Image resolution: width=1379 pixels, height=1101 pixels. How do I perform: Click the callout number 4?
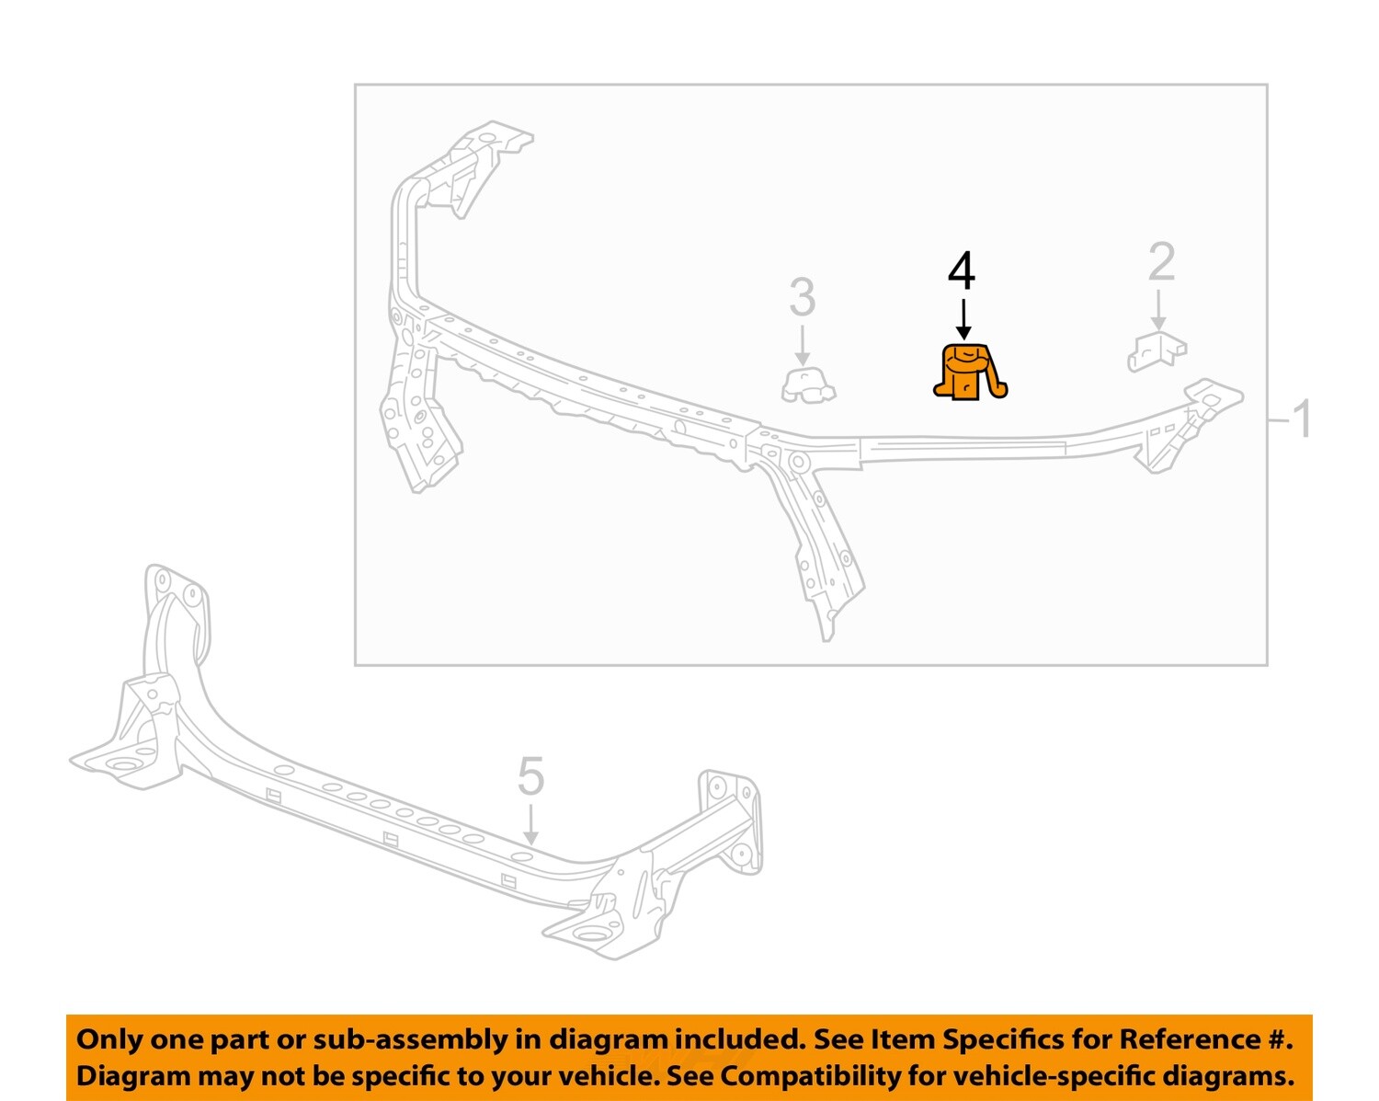[x=962, y=271]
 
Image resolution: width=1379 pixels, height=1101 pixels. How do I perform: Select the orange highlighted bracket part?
[x=968, y=373]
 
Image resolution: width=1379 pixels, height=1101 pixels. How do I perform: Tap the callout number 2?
[x=1161, y=262]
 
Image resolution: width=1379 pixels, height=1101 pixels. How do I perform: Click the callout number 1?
[x=1302, y=419]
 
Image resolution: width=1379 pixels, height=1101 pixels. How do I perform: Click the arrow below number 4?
[x=963, y=317]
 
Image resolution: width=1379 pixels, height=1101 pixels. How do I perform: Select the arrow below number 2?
[x=1159, y=310]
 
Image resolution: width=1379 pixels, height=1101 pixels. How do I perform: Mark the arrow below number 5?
[x=530, y=823]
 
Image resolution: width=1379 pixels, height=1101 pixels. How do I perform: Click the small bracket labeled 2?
[x=1157, y=352]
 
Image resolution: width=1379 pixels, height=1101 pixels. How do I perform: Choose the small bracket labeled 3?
[x=807, y=385]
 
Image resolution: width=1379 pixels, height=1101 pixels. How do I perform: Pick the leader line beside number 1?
[x=1279, y=420]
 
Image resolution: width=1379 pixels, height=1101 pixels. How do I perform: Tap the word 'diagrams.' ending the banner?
[x=1227, y=1076]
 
